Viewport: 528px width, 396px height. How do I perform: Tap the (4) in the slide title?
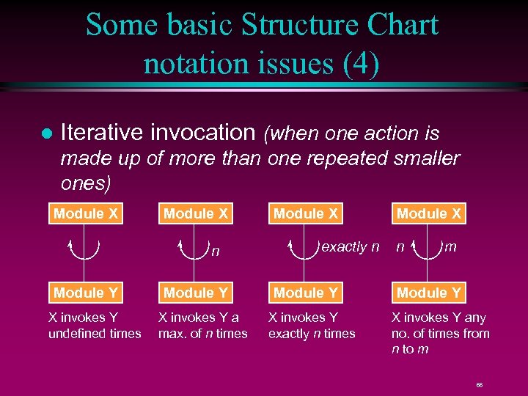(x=361, y=63)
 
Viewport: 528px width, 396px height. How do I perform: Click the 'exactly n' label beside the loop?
(x=351, y=247)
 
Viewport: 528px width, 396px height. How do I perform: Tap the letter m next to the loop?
(x=450, y=247)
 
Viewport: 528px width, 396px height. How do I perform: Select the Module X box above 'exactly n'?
(x=306, y=214)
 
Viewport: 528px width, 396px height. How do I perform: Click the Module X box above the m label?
(x=429, y=214)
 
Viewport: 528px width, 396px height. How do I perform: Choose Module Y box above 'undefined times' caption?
(x=86, y=293)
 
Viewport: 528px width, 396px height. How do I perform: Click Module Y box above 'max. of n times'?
(x=196, y=293)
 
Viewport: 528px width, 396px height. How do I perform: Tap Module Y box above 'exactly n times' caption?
(x=306, y=293)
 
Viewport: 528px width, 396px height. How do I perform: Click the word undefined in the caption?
(x=80, y=334)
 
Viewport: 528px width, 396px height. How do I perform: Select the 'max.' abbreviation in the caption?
(x=173, y=334)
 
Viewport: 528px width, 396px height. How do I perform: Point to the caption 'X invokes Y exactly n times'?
(x=311, y=326)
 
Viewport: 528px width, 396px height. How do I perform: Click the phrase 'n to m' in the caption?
(x=411, y=349)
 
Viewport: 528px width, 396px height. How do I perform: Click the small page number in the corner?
(x=479, y=384)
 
